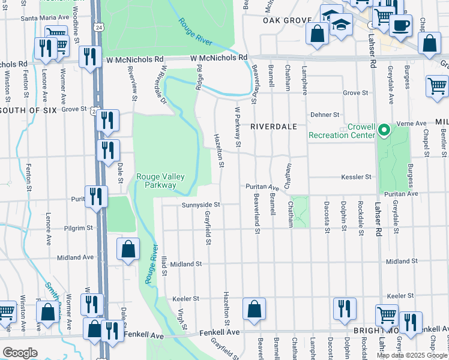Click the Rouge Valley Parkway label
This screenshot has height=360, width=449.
tap(160, 181)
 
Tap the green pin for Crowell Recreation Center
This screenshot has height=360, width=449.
tap(385, 128)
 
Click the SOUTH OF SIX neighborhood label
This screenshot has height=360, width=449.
tap(28, 109)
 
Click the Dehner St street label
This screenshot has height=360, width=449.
tap(325, 115)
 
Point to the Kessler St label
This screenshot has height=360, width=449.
tap(357, 177)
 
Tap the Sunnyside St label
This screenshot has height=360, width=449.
tap(202, 205)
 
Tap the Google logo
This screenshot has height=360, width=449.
tap(20, 353)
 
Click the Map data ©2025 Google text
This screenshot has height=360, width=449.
tap(411, 355)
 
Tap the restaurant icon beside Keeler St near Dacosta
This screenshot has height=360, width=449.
tap(345, 308)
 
